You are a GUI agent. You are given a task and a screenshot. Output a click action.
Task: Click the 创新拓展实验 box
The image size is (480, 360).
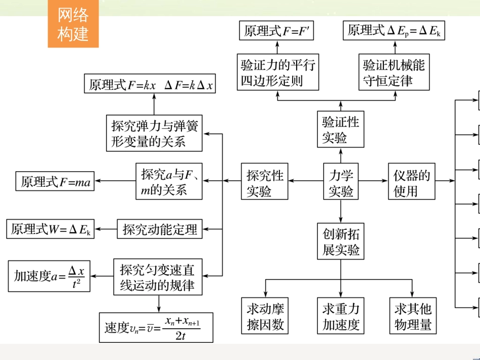[341, 241]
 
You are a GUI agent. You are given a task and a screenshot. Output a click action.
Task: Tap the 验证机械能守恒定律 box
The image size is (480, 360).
[394, 72]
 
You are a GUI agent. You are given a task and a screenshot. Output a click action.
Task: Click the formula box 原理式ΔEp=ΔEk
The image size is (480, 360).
[394, 31]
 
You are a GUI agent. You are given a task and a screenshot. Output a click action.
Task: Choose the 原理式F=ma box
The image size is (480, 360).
[56, 182]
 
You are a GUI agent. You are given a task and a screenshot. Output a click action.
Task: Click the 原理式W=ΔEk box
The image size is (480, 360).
[52, 229]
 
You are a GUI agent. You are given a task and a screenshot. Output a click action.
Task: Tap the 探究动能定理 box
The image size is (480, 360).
[160, 229]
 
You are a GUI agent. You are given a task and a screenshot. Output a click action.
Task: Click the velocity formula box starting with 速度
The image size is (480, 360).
[156, 327]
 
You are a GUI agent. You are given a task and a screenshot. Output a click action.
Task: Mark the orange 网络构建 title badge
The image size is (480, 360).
[73, 24]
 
